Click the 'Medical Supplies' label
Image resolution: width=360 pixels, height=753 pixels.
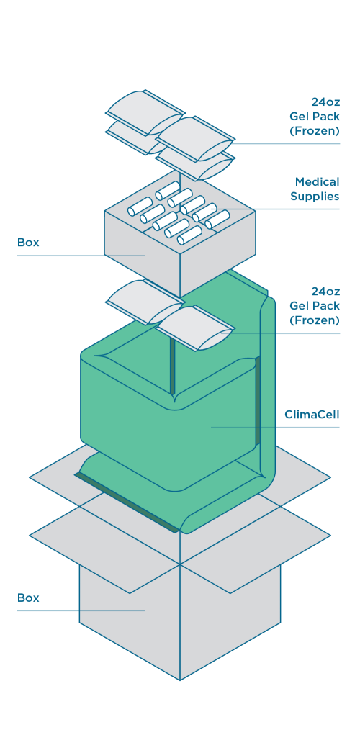pos(315,189)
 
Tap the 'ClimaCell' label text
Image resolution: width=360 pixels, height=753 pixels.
pos(312,415)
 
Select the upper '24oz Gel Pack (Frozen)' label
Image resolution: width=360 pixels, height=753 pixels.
pos(315,116)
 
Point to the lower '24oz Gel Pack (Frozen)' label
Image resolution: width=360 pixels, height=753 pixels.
pos(315,306)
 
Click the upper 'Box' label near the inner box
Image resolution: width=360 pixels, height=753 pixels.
pos(28,243)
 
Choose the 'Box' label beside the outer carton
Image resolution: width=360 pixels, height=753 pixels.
pos(28,598)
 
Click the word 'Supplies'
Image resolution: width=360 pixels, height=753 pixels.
pos(315,197)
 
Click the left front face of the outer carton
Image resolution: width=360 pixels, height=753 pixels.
pos(130,619)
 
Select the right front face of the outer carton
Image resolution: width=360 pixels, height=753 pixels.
pos(230,619)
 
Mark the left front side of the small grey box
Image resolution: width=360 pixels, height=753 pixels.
pos(140,248)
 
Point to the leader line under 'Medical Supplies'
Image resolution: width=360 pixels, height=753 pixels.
pos(288,209)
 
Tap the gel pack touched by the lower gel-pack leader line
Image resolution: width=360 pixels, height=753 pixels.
pos(196,328)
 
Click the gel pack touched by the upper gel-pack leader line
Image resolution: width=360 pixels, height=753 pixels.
pos(196,134)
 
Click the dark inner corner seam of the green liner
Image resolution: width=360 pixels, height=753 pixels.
pos(173,367)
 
